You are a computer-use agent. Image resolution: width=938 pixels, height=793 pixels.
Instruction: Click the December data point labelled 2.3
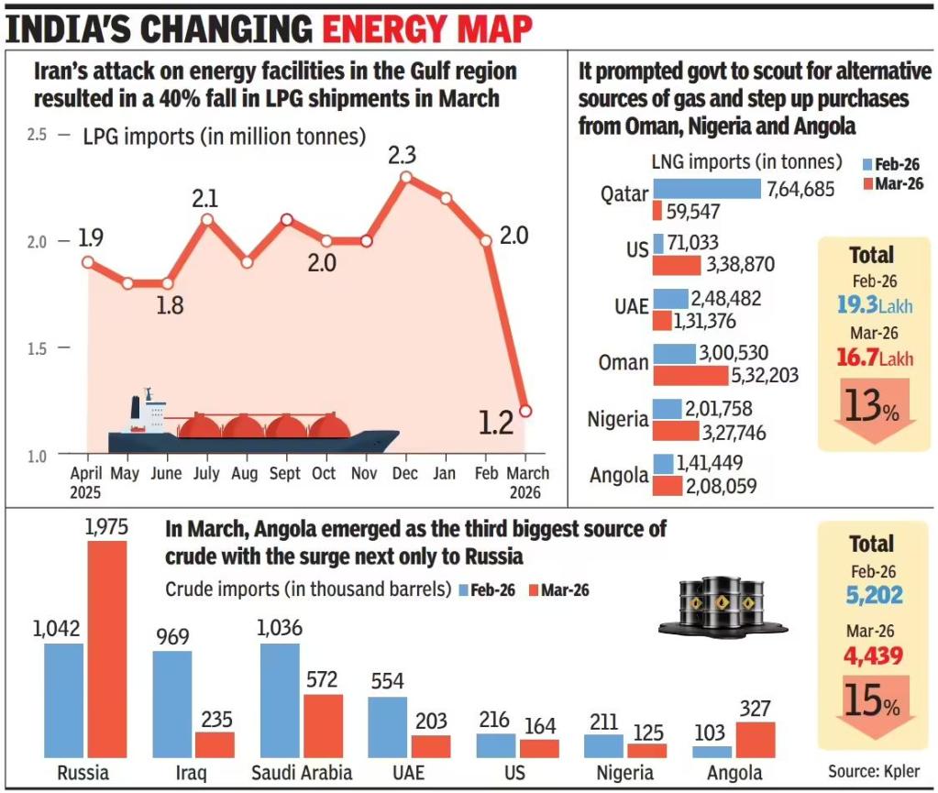click(406, 177)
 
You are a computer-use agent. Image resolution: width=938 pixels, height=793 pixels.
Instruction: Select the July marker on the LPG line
click(207, 219)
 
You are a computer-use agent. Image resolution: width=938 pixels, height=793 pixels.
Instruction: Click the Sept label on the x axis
click(285, 474)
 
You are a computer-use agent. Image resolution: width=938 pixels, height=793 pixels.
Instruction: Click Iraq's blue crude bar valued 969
click(172, 703)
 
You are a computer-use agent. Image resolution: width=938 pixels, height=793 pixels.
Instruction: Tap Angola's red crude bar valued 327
click(755, 739)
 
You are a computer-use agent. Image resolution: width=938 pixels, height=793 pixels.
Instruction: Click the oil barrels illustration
click(722, 606)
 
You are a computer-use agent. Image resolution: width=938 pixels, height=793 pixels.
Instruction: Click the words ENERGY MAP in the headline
click(426, 28)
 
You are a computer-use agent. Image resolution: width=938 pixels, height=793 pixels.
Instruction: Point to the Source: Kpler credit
click(872, 771)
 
